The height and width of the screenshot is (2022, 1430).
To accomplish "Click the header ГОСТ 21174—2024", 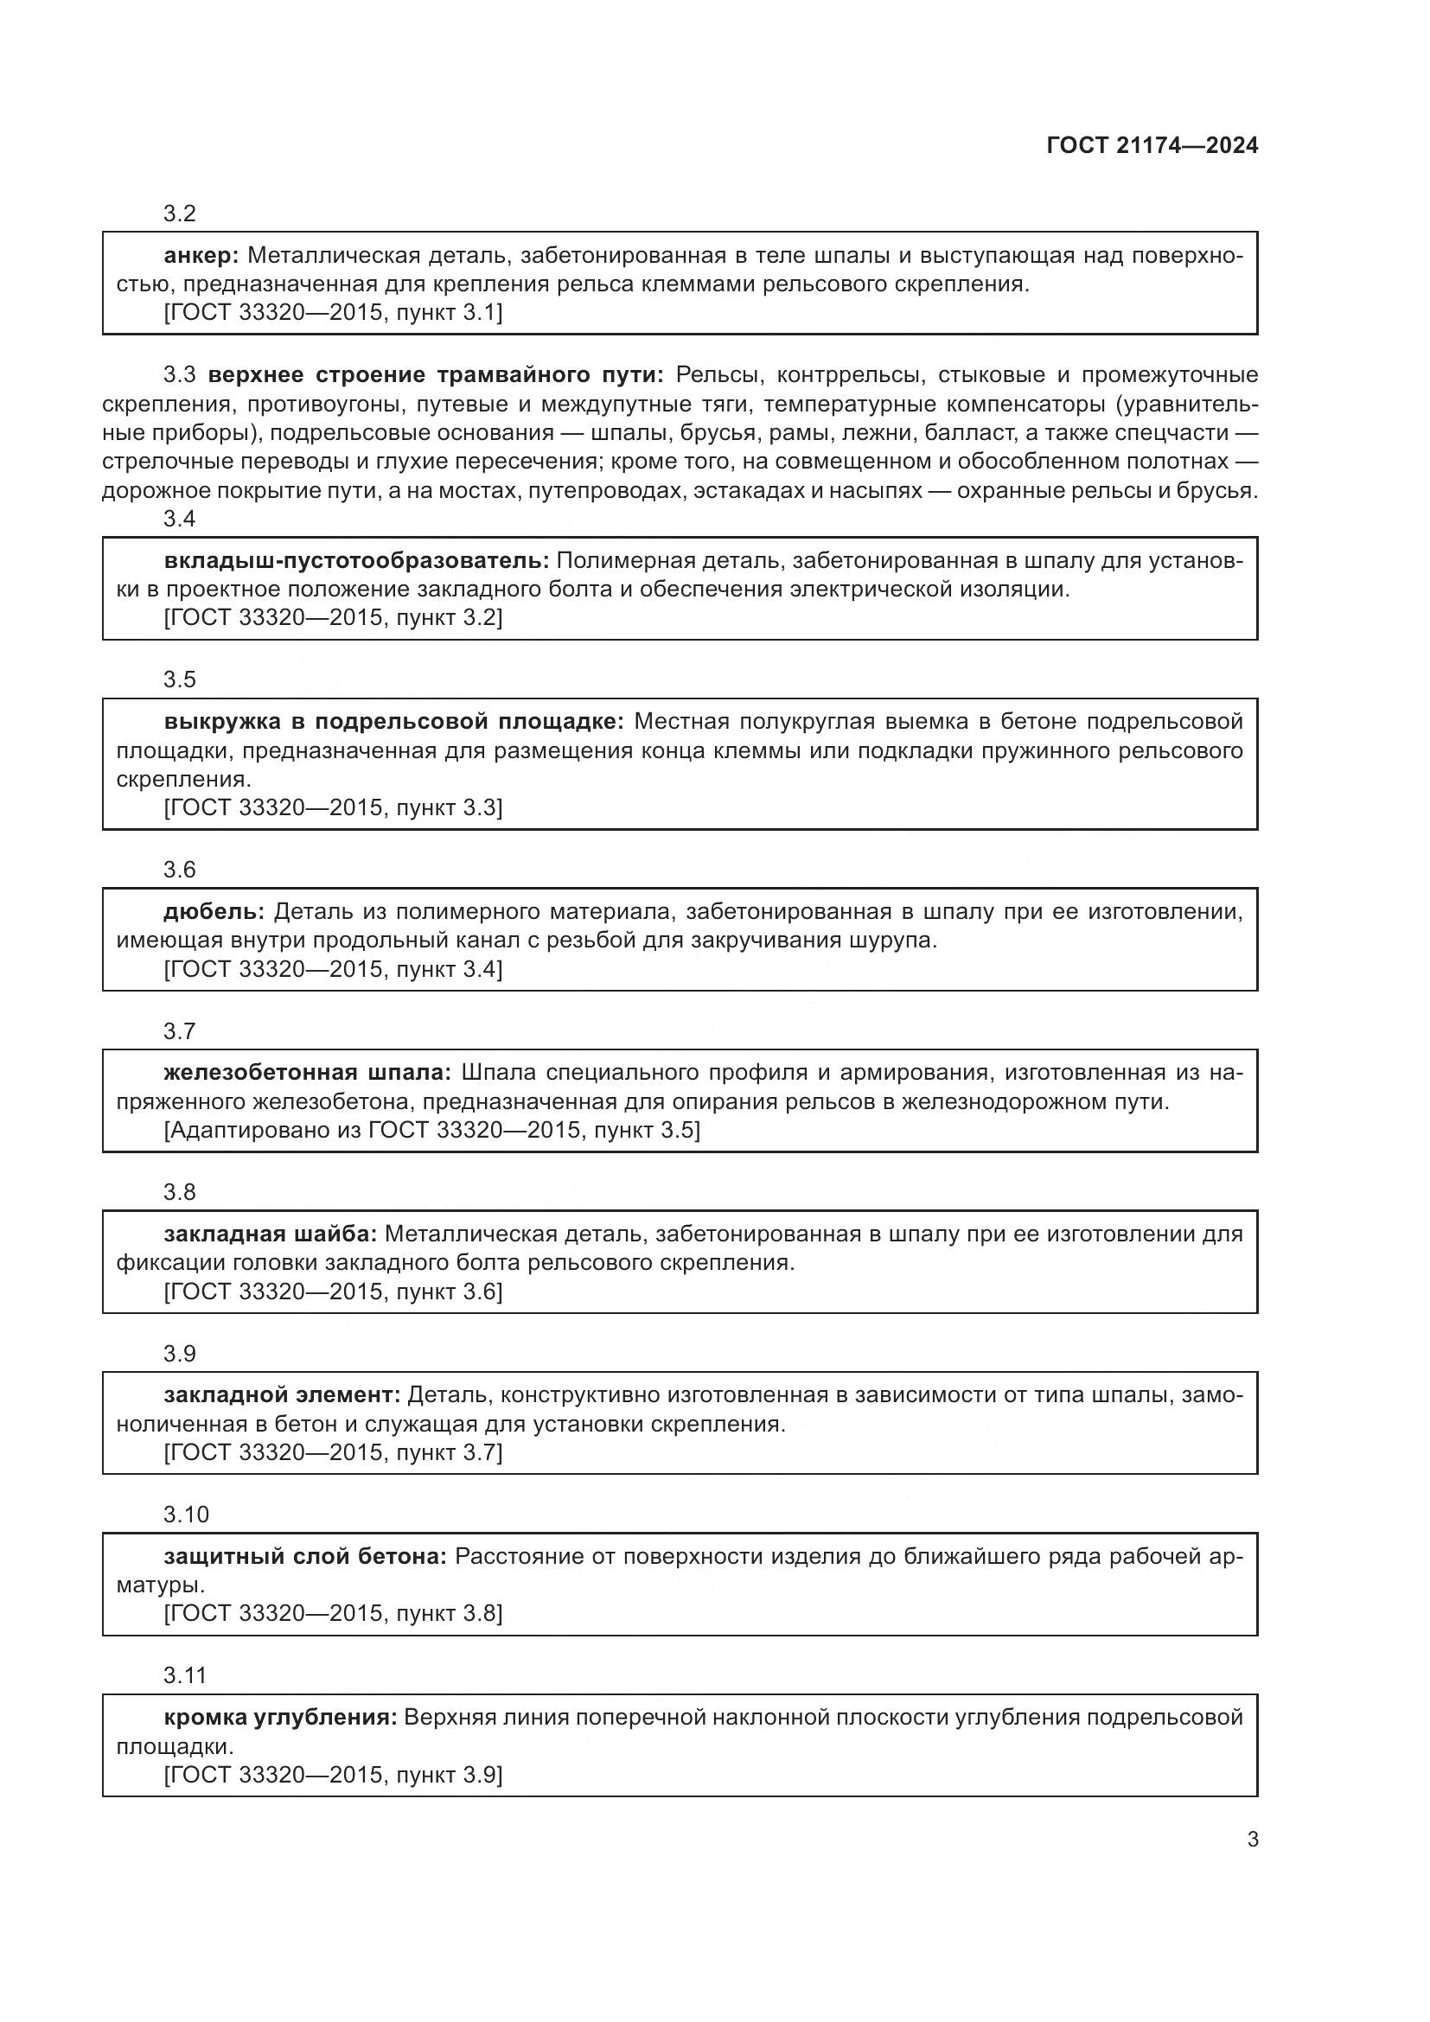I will tap(1152, 146).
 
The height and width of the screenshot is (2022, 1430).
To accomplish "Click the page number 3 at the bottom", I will tap(1252, 1839).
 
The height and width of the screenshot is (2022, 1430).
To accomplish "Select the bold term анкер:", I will tap(201, 256).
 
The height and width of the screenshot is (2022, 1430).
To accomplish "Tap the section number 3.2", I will tap(179, 214).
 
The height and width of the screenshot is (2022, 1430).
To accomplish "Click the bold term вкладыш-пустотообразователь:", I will tap(355, 561).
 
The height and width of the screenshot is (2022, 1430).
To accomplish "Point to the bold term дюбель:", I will tap(214, 911).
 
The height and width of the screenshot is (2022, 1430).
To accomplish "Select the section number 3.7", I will tap(179, 1031).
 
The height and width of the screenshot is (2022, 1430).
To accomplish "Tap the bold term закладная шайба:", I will tap(270, 1234).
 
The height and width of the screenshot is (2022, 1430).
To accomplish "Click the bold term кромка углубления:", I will tap(280, 1718).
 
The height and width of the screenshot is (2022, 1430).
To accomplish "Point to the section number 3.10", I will tap(185, 1515).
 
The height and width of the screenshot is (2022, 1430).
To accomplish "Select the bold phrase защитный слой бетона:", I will tap(305, 1556).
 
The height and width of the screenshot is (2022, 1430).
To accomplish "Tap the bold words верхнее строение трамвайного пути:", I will tap(436, 375).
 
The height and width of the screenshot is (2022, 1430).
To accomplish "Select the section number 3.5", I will tap(179, 679).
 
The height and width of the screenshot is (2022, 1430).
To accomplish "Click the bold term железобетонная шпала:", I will tap(306, 1073).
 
